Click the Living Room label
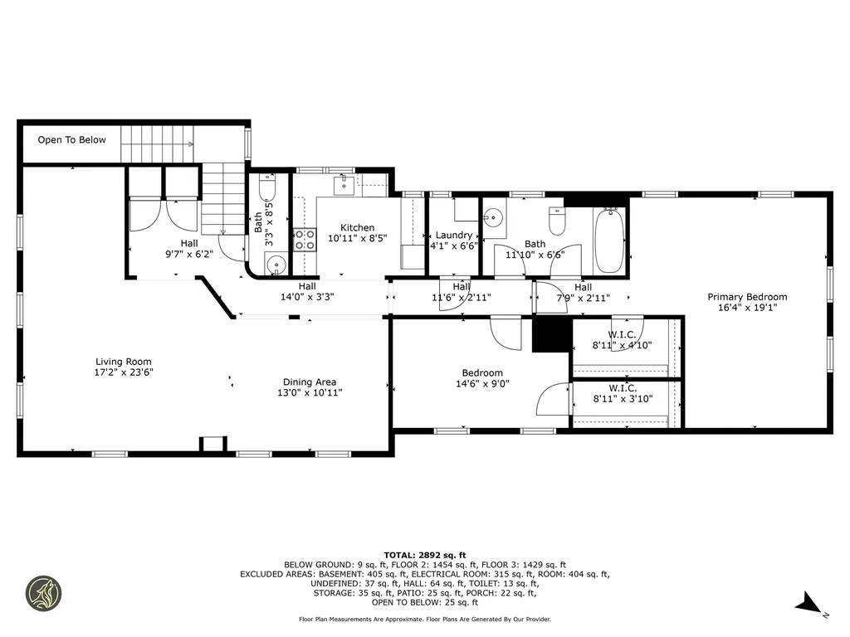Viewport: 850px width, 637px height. tap(124, 367)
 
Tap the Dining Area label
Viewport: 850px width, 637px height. tap(310, 387)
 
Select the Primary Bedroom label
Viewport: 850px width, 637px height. tap(747, 302)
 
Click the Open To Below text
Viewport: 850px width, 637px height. tap(71, 139)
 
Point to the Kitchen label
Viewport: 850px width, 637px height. tap(357, 233)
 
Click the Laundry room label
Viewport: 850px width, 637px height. tap(454, 241)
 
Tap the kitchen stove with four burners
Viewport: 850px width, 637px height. tap(305, 240)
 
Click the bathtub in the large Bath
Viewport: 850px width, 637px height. tap(609, 241)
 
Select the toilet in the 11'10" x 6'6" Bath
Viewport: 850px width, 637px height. tap(557, 219)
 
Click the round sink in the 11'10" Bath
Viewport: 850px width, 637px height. tap(493, 218)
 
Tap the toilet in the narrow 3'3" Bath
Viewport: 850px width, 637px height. tap(267, 188)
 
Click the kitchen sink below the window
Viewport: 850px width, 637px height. tap(344, 185)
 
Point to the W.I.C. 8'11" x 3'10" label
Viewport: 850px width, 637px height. tap(623, 394)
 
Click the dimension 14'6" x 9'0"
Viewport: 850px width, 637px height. tap(482, 383)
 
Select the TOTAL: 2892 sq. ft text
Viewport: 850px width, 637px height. tap(425, 555)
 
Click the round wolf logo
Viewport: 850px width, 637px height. tap(44, 593)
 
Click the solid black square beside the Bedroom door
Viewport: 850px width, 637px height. tap(552, 334)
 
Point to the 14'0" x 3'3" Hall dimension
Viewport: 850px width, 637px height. tap(307, 297)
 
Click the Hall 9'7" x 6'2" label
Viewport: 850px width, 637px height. tap(189, 249)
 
